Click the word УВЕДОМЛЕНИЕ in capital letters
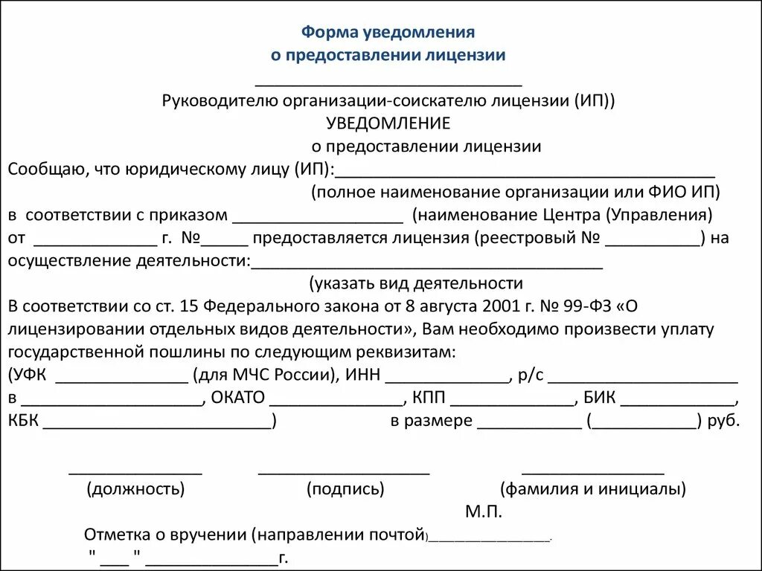pos(388,123)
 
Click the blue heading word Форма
pos(330,33)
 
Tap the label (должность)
pos(135,489)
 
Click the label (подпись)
pos(345,489)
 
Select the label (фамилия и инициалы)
pos(593,489)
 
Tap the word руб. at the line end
pos(724,421)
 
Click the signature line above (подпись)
pos(344,471)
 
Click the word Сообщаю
pos(39,170)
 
